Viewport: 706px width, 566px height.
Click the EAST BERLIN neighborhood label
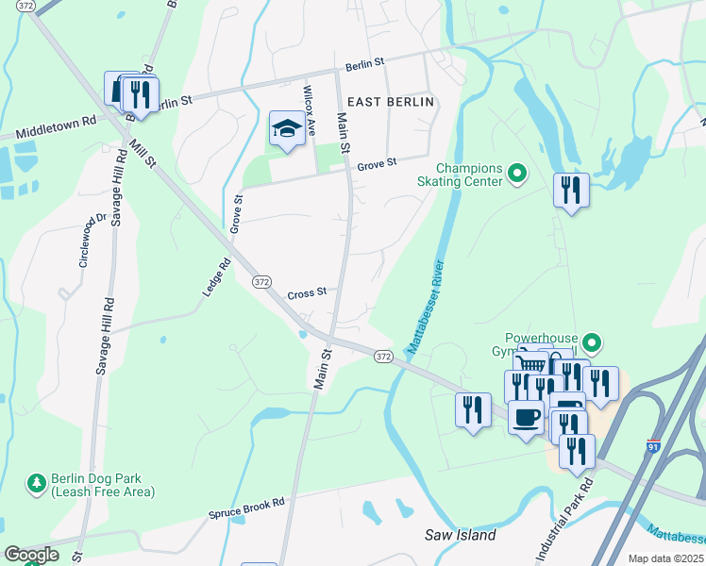(390, 102)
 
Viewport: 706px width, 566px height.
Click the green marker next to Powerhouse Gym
(592, 342)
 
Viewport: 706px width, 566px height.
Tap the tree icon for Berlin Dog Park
(37, 483)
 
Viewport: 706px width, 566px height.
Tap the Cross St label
(307, 292)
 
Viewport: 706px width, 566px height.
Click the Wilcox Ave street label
(309, 110)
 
